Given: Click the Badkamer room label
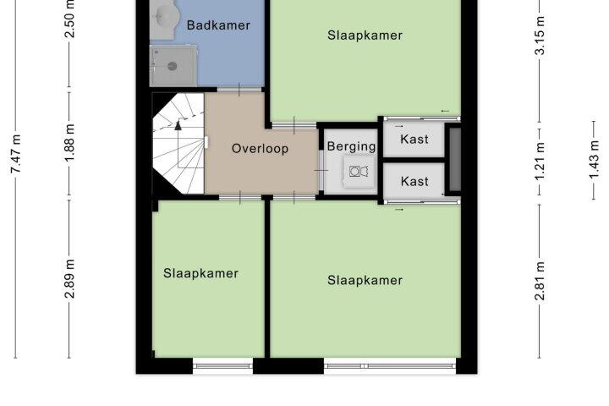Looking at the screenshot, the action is pos(218,25).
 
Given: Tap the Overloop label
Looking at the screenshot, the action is pos(261,149).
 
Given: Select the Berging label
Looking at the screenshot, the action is pos(352,146).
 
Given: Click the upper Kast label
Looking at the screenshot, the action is pos(414,139).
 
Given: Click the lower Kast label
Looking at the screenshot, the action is pos(414,182).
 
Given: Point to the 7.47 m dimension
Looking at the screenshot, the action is pos(16,154).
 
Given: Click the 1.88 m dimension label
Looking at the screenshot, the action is pos(69,143).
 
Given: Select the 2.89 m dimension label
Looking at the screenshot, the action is pos(69,278).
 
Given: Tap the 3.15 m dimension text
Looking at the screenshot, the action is pos(540,36).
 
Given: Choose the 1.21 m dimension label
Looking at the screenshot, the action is pos(540,162).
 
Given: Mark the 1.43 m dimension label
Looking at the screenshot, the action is pos(595,160).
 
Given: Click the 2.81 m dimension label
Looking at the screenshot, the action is pos(540,281).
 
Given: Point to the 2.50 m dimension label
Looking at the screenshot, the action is pos(69,19).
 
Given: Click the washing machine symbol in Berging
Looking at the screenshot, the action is pos(359,172).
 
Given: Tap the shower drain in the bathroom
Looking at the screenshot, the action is pos(173,67).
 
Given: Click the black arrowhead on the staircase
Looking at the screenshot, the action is pos(178,125).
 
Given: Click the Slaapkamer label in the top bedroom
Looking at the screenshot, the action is pos(365,36).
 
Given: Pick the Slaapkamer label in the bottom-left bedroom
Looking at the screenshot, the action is pos(200,273).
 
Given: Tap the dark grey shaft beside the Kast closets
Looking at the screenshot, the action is pos(455,160).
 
